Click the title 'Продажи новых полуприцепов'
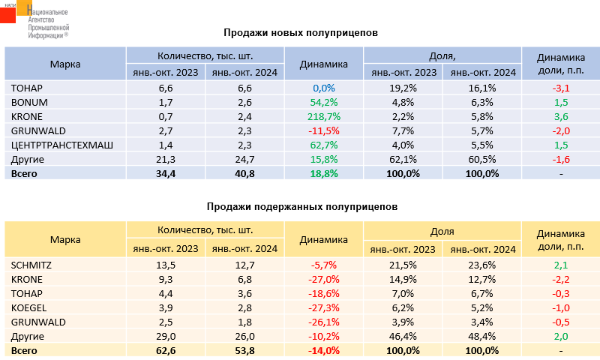point(300,33)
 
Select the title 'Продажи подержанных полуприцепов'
point(300,206)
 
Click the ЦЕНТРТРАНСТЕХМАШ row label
point(61,145)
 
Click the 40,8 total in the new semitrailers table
point(244,173)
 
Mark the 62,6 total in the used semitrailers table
point(165,350)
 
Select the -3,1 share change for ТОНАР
point(562,88)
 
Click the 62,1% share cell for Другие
point(403,159)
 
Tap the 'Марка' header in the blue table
point(65,64)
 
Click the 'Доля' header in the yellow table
point(442,232)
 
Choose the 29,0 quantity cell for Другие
point(165,336)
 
